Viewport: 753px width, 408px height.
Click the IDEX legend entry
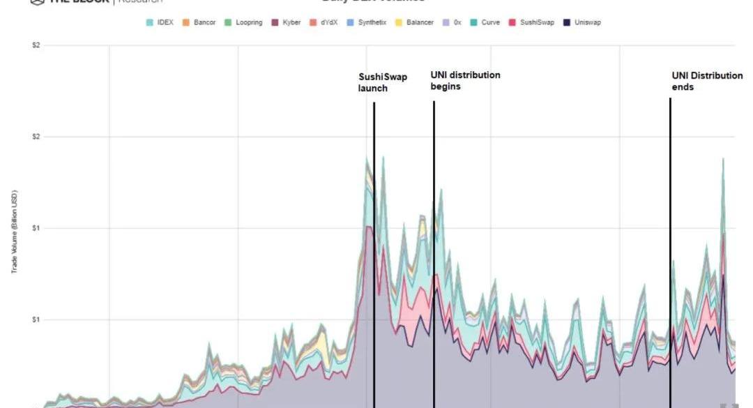click(160, 22)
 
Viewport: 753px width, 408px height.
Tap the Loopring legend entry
click(243, 22)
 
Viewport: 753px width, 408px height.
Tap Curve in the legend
click(485, 22)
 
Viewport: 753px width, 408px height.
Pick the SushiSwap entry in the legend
click(532, 22)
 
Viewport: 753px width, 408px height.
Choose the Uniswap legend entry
click(582, 22)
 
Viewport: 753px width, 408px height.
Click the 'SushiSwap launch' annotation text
click(382, 82)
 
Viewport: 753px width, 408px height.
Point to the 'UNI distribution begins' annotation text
click(464, 80)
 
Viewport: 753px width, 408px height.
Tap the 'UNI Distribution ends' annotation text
click(706, 81)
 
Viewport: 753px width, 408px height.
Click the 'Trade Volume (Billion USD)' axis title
click(13, 232)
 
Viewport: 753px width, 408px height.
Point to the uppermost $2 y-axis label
click(36, 45)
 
